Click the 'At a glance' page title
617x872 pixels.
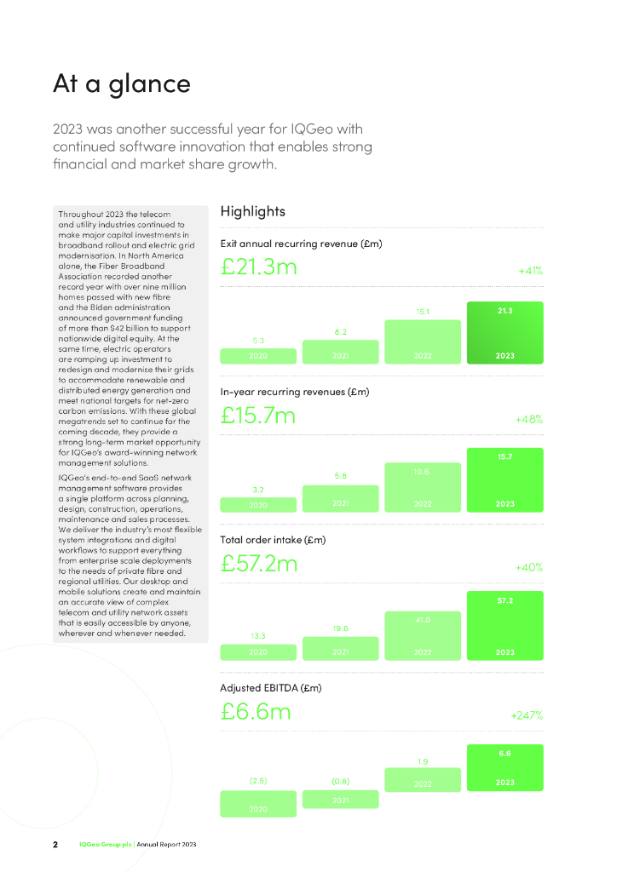point(122,83)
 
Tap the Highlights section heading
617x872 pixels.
point(252,211)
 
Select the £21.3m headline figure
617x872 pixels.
point(258,267)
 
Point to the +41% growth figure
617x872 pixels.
point(530,271)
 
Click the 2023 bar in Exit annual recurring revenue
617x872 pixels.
point(505,333)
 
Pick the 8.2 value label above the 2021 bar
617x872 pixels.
point(340,332)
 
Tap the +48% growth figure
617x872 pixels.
point(529,420)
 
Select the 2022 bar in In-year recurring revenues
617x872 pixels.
point(423,487)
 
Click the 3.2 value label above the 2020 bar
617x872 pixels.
point(258,490)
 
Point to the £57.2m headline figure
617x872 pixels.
point(259,563)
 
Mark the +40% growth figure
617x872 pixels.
point(529,567)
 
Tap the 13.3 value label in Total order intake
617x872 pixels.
point(258,635)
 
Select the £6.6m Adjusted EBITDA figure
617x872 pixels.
point(255,710)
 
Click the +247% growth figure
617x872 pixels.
point(527,715)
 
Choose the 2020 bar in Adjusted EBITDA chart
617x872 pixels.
point(258,805)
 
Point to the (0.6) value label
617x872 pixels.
point(340,781)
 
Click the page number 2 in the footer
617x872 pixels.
point(55,844)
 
